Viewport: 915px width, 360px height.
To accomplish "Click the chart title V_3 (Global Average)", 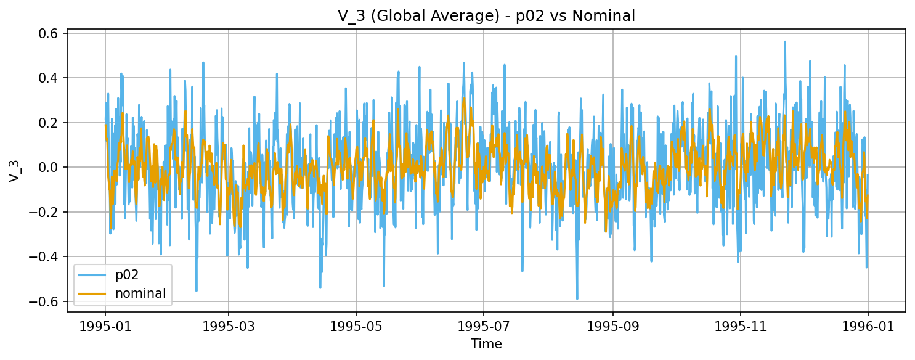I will pos(486,17).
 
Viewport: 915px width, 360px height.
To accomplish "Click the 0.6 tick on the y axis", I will pos(50,33).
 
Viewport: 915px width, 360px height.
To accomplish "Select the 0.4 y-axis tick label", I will pos(50,78).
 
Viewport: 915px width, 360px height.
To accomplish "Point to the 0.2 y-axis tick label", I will pos(50,123).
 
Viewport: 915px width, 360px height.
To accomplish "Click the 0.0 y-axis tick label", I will pos(50,168).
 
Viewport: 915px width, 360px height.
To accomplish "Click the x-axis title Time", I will pos(486,344).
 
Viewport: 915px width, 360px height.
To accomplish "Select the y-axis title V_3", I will pos(14,168).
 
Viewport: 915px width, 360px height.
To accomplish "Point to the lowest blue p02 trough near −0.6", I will pos(577,299).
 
